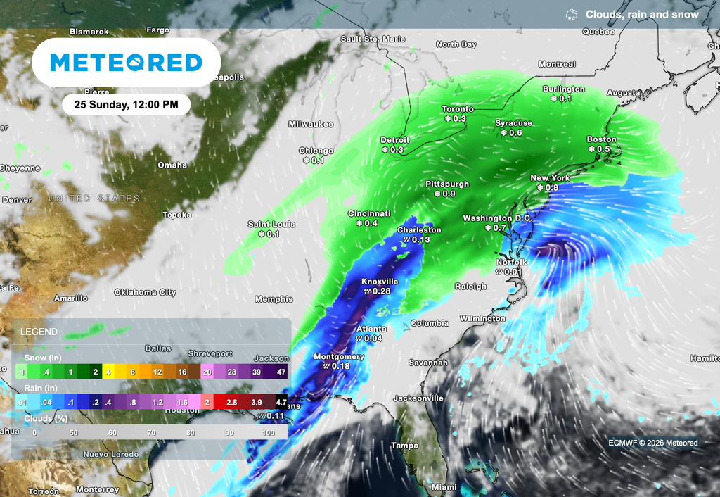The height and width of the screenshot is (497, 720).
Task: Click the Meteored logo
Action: coord(127,63)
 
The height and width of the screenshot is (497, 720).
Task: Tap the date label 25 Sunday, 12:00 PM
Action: coord(126,104)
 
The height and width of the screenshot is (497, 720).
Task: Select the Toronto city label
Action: coord(457,109)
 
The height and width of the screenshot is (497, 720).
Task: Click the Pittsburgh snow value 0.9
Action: coord(448,194)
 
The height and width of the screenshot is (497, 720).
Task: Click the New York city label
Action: coord(550,178)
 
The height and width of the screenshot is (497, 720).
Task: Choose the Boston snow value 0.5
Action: coord(603,149)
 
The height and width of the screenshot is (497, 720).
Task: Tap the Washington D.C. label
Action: coord(498,218)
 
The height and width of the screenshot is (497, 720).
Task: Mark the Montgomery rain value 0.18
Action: coord(340,366)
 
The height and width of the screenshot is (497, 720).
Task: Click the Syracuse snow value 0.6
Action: coord(515,133)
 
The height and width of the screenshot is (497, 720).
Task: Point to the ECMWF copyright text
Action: coord(653,443)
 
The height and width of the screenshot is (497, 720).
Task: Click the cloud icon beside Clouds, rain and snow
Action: coord(572,14)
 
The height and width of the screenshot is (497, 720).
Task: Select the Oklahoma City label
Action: coord(145,292)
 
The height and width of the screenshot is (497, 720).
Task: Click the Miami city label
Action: coord(444,487)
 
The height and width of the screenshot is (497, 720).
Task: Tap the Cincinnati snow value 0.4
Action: coord(371,223)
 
